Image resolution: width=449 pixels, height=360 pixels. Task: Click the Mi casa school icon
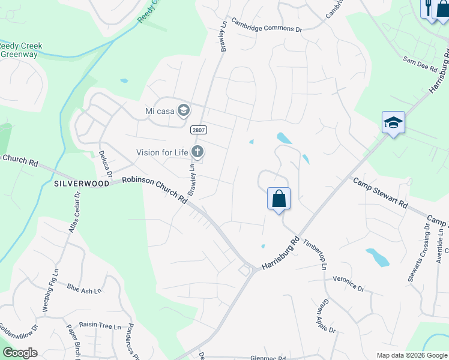[x=184, y=110]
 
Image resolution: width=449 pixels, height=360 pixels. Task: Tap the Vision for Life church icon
[x=197, y=152]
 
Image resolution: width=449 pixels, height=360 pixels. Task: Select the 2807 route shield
[x=198, y=130]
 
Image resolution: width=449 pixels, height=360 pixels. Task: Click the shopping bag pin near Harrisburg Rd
[x=279, y=199]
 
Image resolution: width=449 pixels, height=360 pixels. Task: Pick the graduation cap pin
[x=393, y=122]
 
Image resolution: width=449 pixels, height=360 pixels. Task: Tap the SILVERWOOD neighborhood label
[x=81, y=182]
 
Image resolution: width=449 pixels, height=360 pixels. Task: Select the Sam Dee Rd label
[x=420, y=65]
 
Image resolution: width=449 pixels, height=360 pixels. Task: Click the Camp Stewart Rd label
[x=380, y=193]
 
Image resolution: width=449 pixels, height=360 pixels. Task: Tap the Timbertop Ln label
[x=316, y=254]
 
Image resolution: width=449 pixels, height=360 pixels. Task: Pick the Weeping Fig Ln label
[x=50, y=290]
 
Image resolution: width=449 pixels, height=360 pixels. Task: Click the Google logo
[x=19, y=353]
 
